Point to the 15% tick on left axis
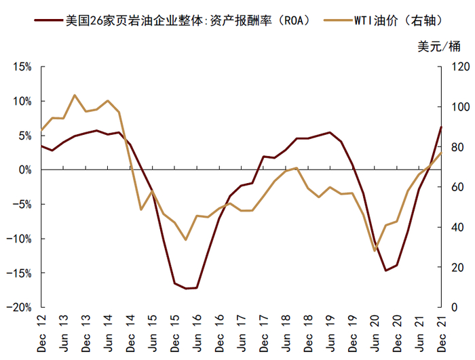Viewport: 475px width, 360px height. click(x=21, y=67)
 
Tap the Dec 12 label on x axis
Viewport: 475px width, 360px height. click(x=41, y=332)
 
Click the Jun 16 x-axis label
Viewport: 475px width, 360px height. click(x=197, y=332)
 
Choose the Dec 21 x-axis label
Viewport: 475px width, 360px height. click(x=442, y=332)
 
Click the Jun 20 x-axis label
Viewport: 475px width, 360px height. click(x=375, y=332)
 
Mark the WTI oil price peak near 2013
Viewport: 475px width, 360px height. click(x=75, y=95)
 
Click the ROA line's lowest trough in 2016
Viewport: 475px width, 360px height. click(x=187, y=288)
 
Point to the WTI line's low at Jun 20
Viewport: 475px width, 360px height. click(x=375, y=251)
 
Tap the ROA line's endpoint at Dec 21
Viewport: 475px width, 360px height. click(x=441, y=127)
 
